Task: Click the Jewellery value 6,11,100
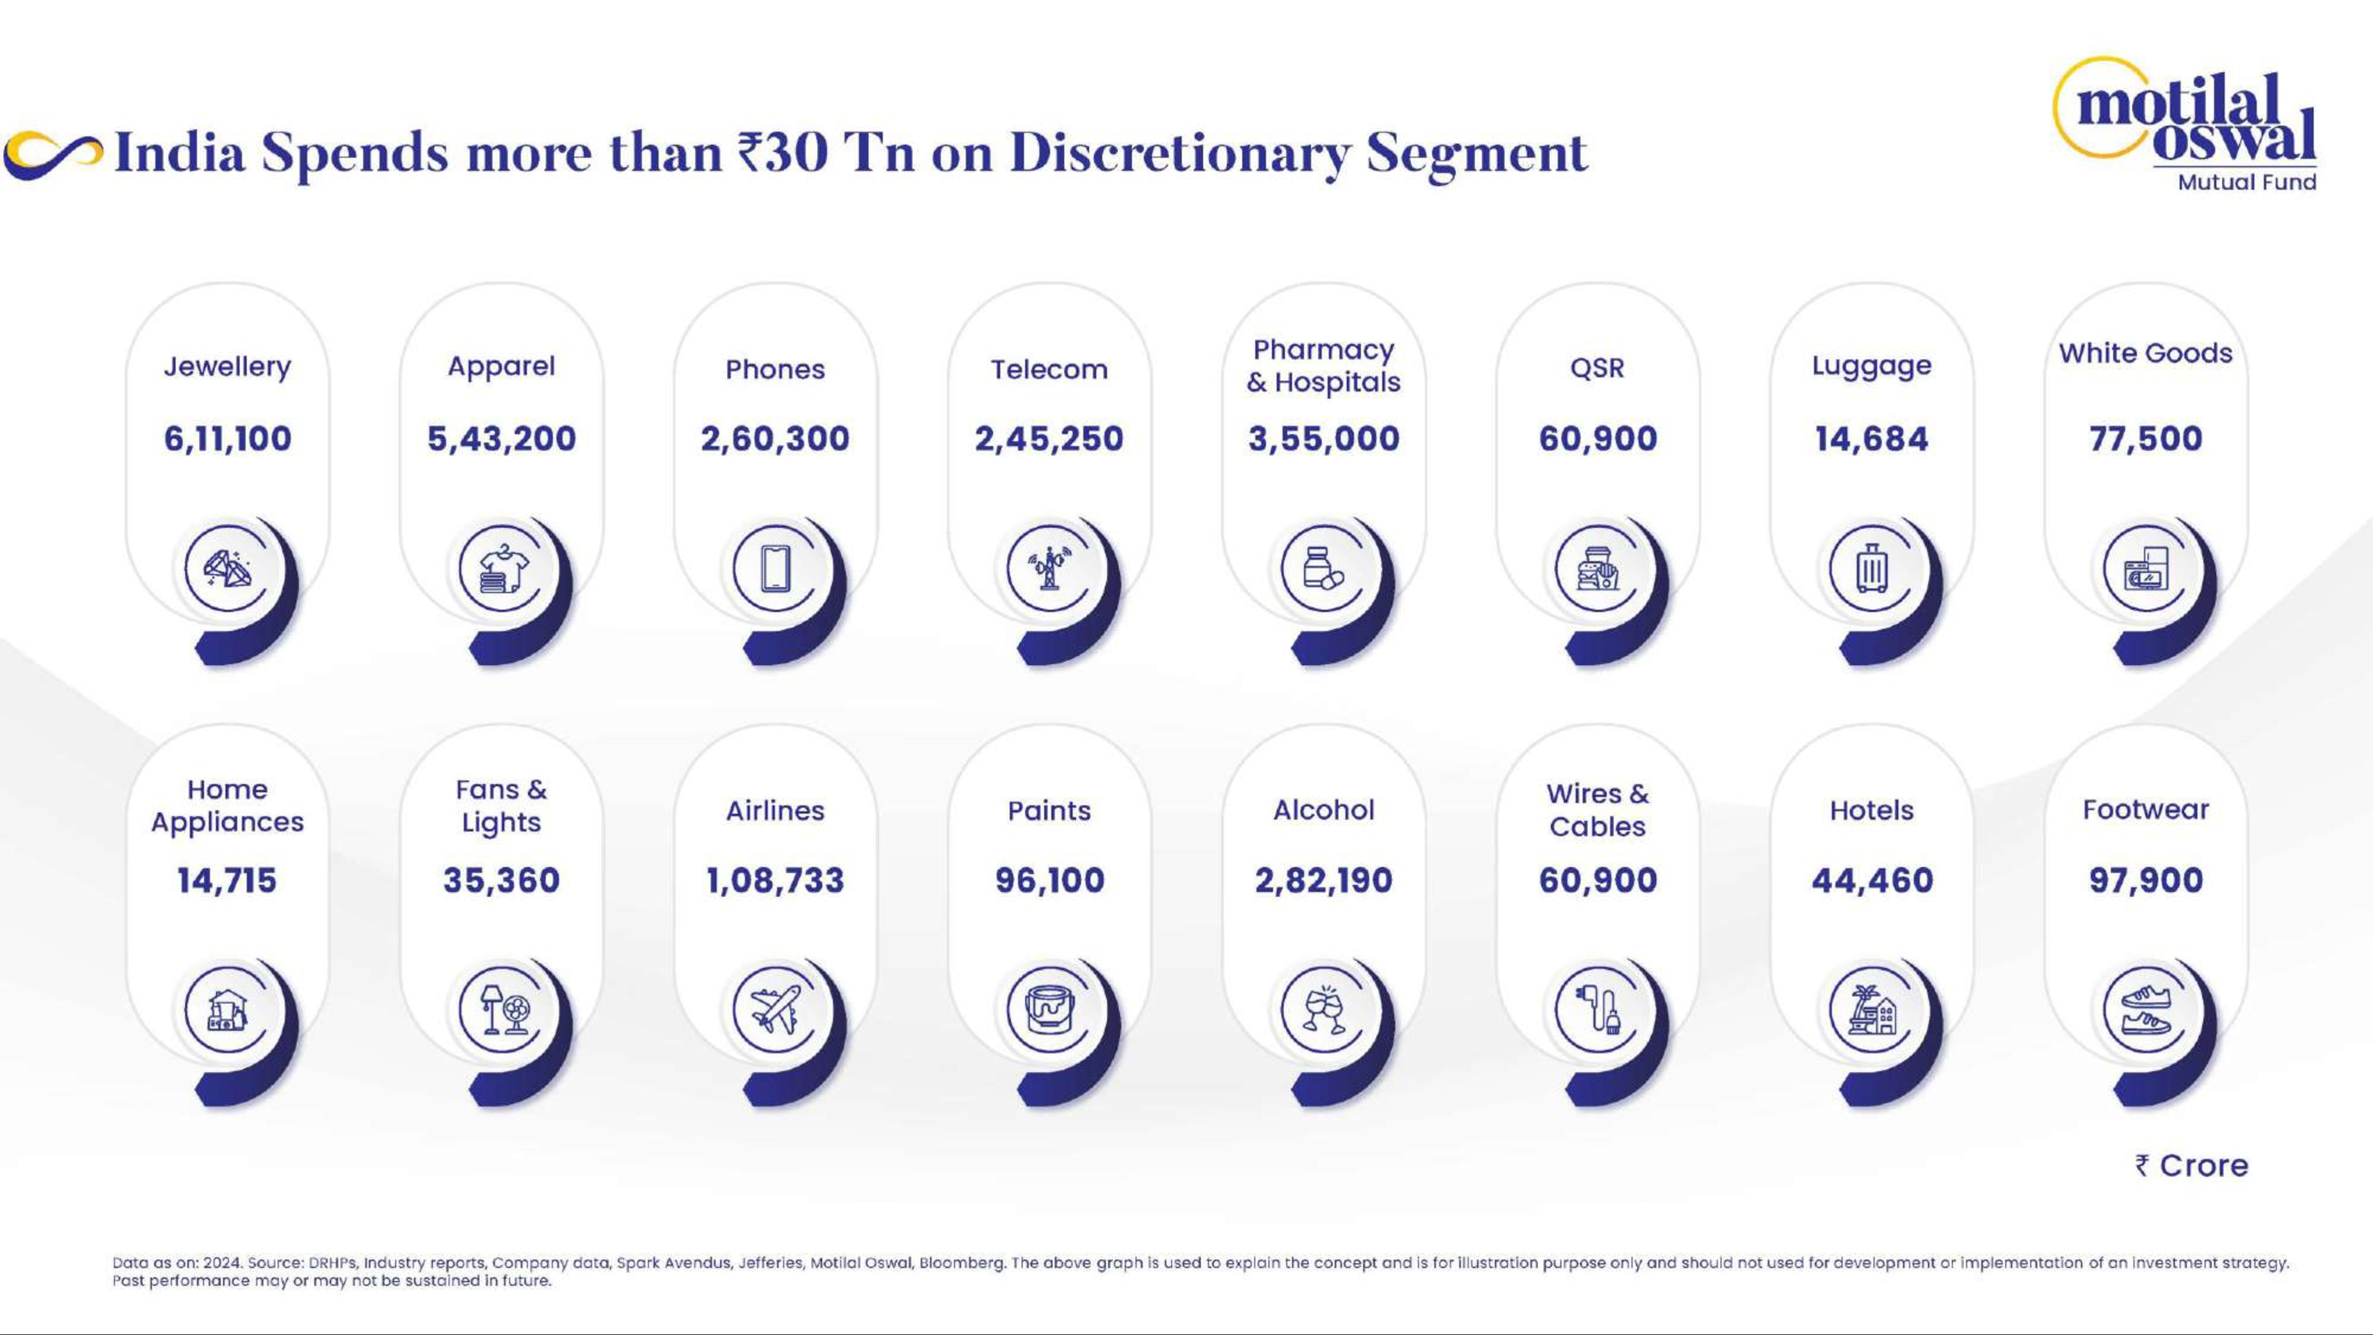pyautogui.click(x=228, y=438)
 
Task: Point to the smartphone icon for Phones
pyautogui.click(x=775, y=568)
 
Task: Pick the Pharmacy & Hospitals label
pyautogui.click(x=1323, y=365)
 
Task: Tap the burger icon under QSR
pyautogui.click(x=1598, y=568)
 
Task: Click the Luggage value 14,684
pyautogui.click(x=1871, y=438)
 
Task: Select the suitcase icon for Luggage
pyautogui.click(x=1871, y=568)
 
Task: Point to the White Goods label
pyautogui.click(x=2145, y=353)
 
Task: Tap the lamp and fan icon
pyautogui.click(x=501, y=1010)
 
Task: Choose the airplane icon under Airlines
pyautogui.click(x=775, y=1010)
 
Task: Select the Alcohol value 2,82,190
pyautogui.click(x=1323, y=880)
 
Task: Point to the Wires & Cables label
pyautogui.click(x=1598, y=810)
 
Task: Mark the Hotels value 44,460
pyautogui.click(x=1872, y=880)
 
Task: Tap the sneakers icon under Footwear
pyautogui.click(x=2145, y=1010)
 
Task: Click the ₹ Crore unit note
pyautogui.click(x=2191, y=1165)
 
